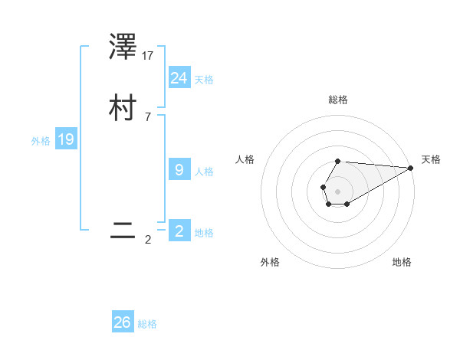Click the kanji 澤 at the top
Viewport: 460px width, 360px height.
(123, 48)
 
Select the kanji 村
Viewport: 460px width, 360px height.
(123, 108)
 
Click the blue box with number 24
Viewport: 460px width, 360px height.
(179, 78)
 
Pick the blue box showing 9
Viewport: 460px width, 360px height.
(179, 170)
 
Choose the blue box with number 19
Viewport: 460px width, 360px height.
(66, 139)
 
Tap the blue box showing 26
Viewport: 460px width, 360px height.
(123, 322)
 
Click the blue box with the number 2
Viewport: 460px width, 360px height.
(179, 231)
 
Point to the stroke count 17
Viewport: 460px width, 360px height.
(149, 55)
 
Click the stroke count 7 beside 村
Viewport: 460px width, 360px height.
(148, 117)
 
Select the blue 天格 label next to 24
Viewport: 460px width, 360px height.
(204, 80)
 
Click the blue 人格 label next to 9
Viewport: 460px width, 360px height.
(204, 172)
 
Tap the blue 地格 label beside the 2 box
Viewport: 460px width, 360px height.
(204, 233)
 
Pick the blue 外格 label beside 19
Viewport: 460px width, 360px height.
(41, 141)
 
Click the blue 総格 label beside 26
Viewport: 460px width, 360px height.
(147, 324)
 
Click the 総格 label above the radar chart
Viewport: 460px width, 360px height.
(338, 100)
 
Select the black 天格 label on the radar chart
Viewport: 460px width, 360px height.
(431, 159)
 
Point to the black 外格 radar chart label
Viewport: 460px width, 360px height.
(270, 262)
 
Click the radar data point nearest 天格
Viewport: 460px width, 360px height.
(411, 168)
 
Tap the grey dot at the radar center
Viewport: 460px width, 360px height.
(338, 191)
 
